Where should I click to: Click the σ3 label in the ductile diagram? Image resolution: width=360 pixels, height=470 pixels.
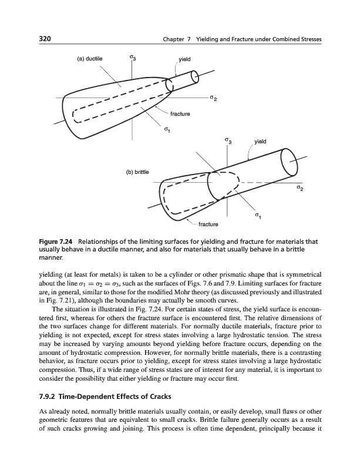[x=133, y=58]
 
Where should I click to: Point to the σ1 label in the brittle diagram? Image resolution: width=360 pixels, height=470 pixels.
[x=258, y=217]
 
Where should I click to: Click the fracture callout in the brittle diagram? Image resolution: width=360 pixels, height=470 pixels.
[x=208, y=224]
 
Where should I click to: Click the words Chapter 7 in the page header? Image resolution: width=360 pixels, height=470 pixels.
[x=175, y=39]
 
